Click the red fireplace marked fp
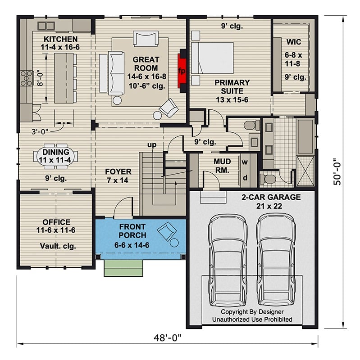point(182,71)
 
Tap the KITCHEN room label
point(60,39)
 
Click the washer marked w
point(246,162)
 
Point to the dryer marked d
point(246,177)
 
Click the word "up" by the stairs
point(152,145)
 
